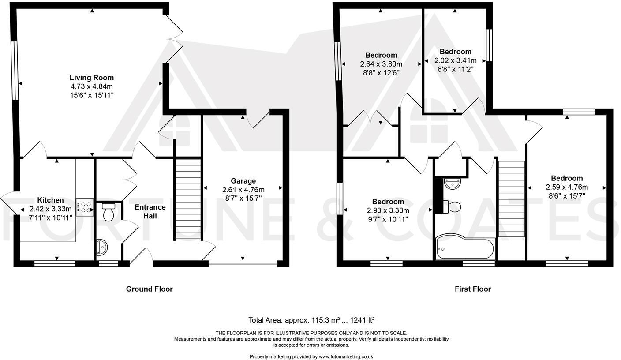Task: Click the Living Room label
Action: tap(92, 78)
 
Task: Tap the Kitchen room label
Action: tap(50, 200)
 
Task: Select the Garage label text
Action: tap(243, 181)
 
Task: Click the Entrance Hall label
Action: tap(150, 211)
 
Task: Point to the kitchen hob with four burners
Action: tap(85, 207)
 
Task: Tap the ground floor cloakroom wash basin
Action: tap(101, 247)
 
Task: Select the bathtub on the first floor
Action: tap(465, 249)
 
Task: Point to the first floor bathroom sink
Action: tap(452, 184)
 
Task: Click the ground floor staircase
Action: tap(188, 199)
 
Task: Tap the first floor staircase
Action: tap(511, 199)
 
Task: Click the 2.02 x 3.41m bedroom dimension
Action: tap(455, 60)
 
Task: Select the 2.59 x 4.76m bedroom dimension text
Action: tap(567, 187)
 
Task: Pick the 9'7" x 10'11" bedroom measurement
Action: tap(388, 219)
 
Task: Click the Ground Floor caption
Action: tap(149, 289)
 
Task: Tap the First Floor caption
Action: tap(473, 289)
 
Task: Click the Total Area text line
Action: tap(311, 320)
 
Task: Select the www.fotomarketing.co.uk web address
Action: tap(346, 356)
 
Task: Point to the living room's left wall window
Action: tap(14, 71)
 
